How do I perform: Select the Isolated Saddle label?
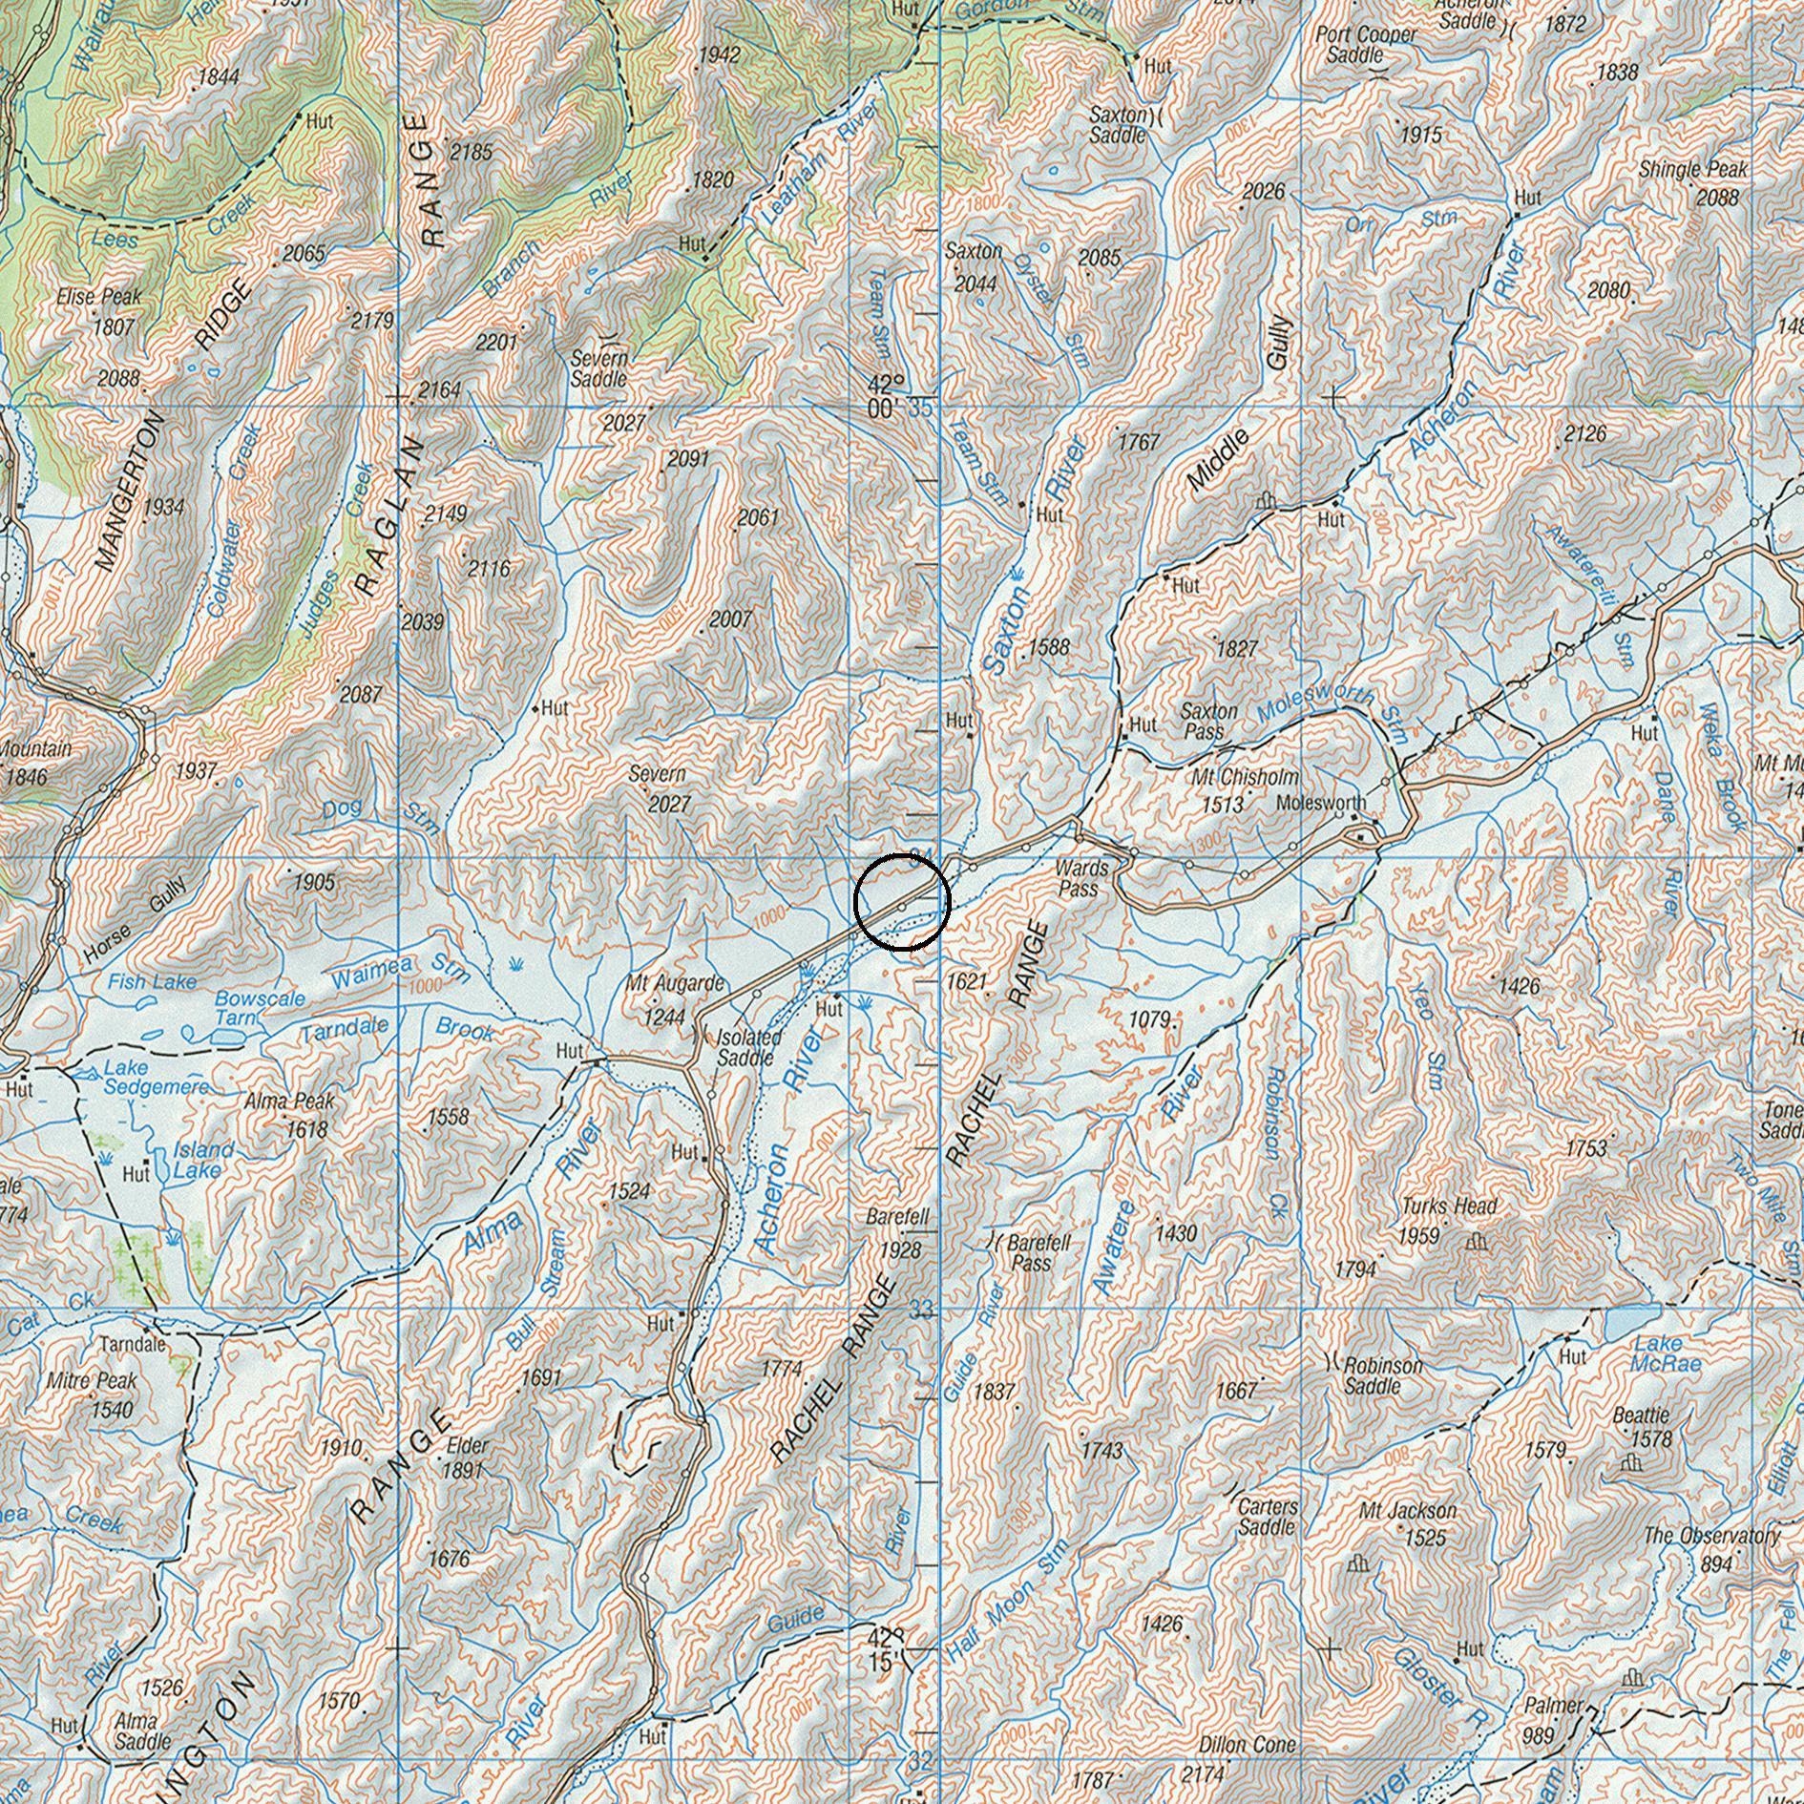[749, 1048]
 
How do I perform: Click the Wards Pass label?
[1081, 878]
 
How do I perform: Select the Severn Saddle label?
[599, 368]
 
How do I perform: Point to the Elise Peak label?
[98, 298]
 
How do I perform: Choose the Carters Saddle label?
[1268, 1517]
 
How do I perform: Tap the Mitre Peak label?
[92, 1381]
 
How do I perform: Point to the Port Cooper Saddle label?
[1366, 45]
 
